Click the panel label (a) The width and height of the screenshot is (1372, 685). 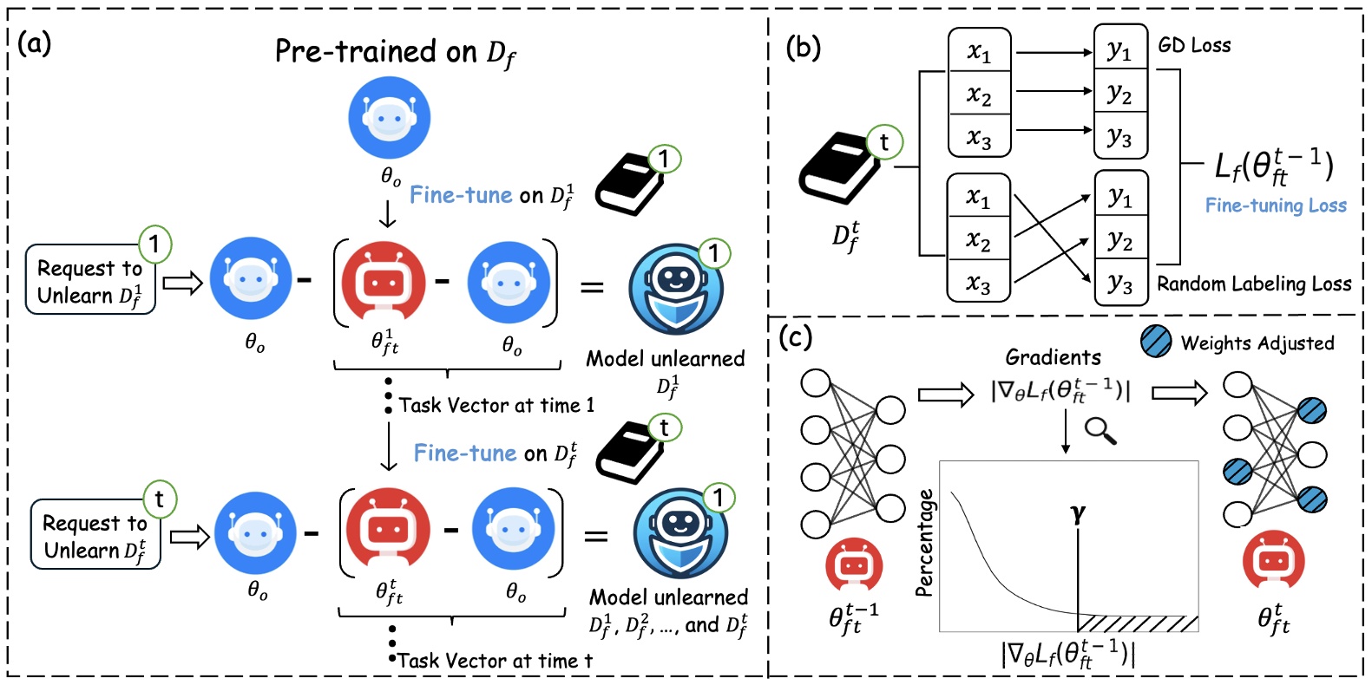tap(35, 42)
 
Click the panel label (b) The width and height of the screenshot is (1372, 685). tap(802, 47)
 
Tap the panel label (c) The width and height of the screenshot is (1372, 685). tap(795, 336)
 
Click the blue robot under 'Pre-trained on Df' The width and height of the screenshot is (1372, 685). tap(389, 117)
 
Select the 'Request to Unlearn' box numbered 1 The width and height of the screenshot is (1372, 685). tap(90, 280)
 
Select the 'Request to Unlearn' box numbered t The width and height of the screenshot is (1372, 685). tap(95, 535)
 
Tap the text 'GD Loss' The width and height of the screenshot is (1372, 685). tap(1194, 45)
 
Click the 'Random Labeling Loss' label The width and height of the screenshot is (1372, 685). tap(1254, 284)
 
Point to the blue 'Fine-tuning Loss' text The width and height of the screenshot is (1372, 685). tap(1276, 205)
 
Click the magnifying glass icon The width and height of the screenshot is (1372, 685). tap(1100, 430)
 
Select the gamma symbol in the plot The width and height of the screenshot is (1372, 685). tap(1078, 512)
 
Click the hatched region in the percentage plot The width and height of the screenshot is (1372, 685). tap(1137, 623)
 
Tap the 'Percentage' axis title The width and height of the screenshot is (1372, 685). tap(925, 543)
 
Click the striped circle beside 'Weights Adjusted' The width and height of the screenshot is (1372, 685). tap(1156, 342)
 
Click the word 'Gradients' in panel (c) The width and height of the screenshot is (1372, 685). tap(1053, 356)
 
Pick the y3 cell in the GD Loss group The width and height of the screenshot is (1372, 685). tap(1120, 137)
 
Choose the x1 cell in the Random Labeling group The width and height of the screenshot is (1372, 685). tap(978, 198)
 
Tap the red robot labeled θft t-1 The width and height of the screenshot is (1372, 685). tap(854, 566)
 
